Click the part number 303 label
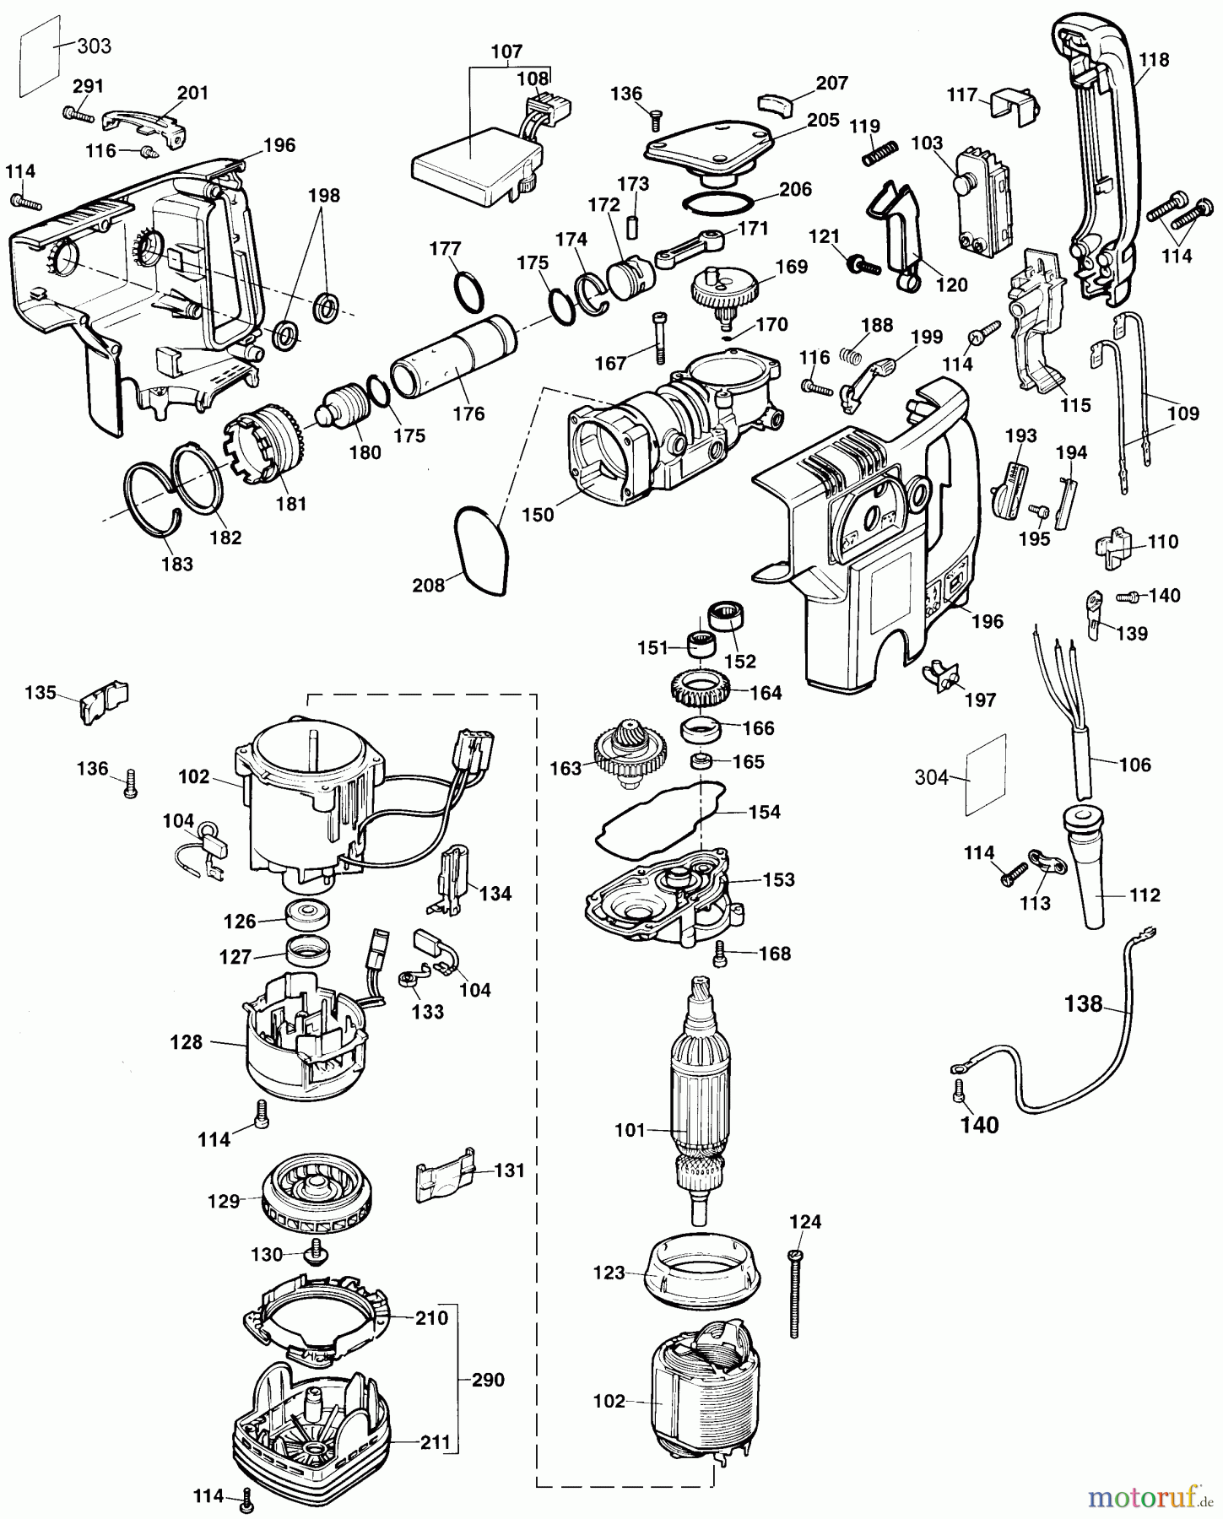(94, 46)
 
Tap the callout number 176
(468, 414)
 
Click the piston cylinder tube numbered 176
(452, 354)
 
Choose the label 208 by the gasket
(428, 585)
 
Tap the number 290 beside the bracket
(488, 1380)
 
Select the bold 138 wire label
(1084, 1004)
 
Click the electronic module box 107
(468, 165)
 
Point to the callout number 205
(823, 120)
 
